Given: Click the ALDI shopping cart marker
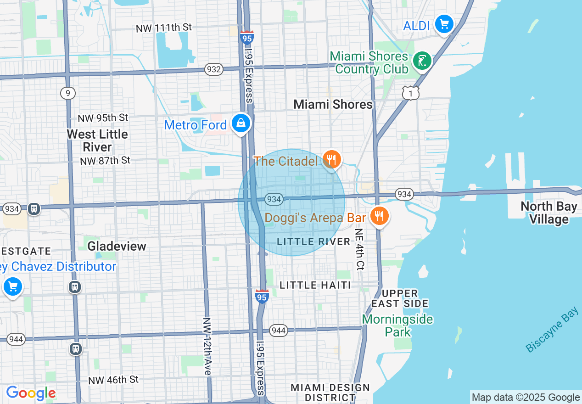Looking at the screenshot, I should coord(444,23).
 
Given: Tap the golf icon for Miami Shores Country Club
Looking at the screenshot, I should coord(422,61).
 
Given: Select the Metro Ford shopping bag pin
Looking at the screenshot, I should coord(241,123).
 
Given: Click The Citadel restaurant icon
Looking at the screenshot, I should coord(330,160).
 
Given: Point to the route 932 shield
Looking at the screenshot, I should coord(214,70).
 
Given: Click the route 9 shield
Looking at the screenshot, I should coord(67,93).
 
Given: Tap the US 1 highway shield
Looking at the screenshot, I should coord(410,94).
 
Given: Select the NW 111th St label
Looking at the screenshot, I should coord(164,28).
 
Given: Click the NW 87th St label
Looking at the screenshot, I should coord(105,161).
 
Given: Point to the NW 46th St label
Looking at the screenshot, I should coord(113,380).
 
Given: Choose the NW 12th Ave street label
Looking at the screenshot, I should coord(207,347).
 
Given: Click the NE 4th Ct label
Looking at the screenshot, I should coord(359,249).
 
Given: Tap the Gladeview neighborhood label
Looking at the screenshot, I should coord(117,246).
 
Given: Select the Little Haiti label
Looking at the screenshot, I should coord(315,285).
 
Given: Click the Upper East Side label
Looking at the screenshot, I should coord(400,298).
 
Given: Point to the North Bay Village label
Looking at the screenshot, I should coord(548,213).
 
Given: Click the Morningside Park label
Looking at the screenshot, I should coord(397,325).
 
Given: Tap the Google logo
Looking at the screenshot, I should coord(31,393).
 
